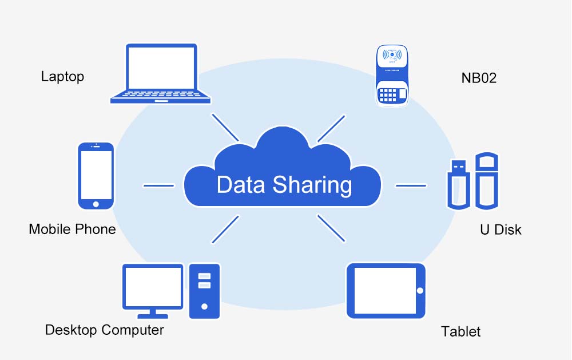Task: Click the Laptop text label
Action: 62,77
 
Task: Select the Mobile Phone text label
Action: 72,230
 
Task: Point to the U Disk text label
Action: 500,230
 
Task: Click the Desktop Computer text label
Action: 104,330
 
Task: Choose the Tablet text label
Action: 460,331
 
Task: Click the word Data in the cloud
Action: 241,185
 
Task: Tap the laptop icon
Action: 161,74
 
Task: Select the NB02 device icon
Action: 392,76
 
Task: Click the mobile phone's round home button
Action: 96,204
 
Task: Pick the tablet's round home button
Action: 420,290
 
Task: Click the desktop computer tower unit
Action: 204,290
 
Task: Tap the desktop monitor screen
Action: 153,286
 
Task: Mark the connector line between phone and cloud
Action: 158,185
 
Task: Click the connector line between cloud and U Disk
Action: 411,185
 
